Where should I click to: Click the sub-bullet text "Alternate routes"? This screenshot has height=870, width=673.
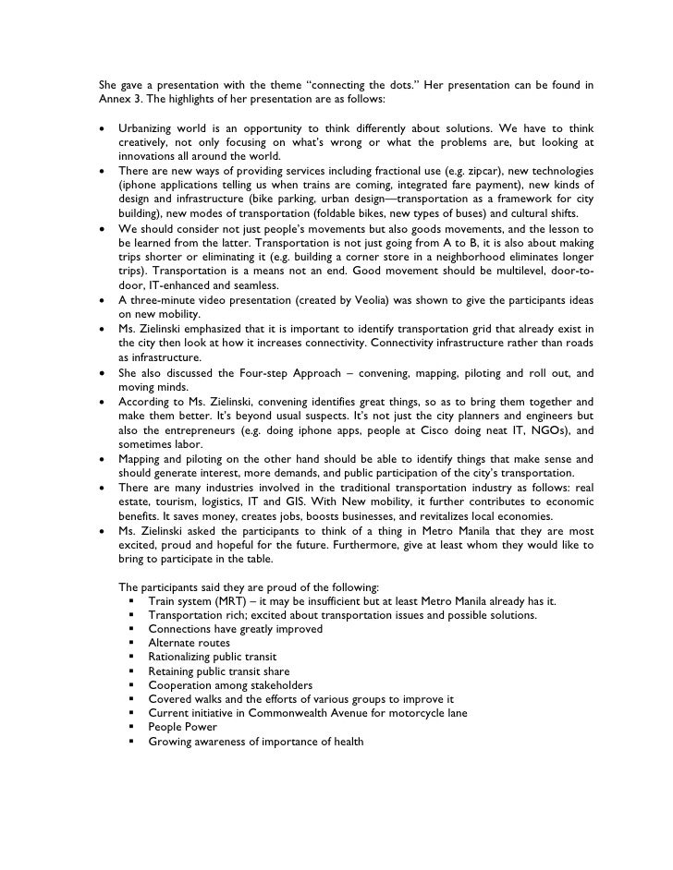pos(190,643)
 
